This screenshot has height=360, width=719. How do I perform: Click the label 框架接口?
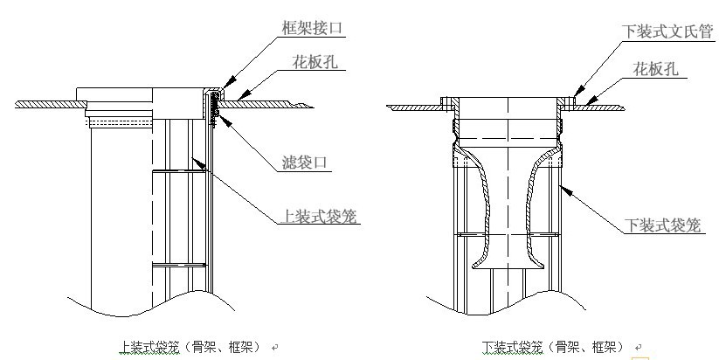click(x=313, y=29)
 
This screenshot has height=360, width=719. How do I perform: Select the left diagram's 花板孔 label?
click(x=316, y=63)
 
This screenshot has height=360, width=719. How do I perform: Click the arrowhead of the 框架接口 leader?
click(x=218, y=89)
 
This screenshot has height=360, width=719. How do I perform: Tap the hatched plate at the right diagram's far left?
click(x=416, y=107)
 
